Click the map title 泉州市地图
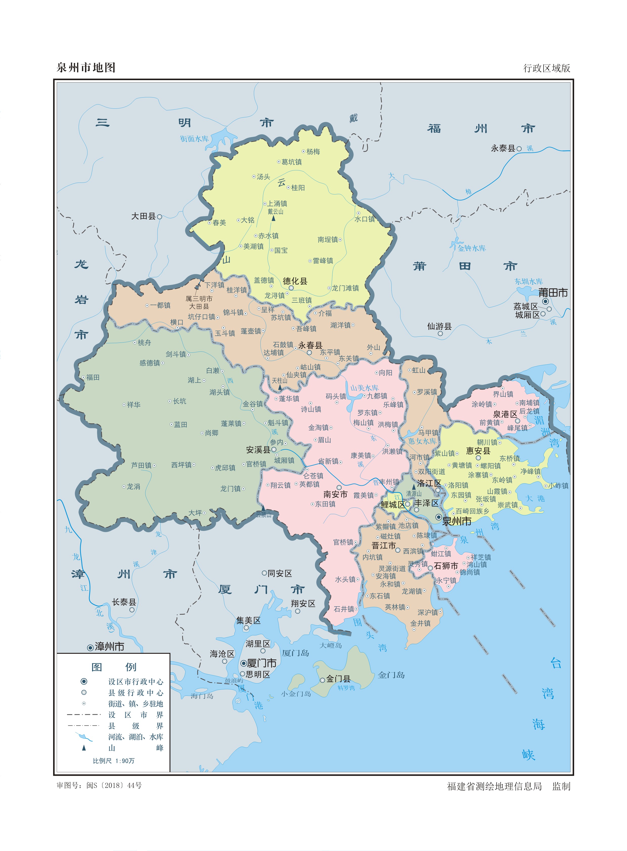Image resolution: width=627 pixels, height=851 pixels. pyautogui.click(x=86, y=68)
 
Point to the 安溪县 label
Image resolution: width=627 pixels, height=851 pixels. pyautogui.click(x=258, y=450)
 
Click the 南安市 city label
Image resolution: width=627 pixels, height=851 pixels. pyautogui.click(x=335, y=494)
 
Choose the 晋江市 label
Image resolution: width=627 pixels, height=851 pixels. pyautogui.click(x=383, y=545)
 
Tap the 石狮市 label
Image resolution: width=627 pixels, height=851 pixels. pyautogui.click(x=446, y=566)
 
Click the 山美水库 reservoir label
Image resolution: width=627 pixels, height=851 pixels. pyautogui.click(x=364, y=388)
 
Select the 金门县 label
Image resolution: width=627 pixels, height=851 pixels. pyautogui.click(x=338, y=679)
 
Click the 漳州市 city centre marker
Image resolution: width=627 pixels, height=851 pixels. pyautogui.click(x=90, y=647)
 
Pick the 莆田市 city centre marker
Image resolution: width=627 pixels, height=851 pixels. pyautogui.click(x=545, y=301)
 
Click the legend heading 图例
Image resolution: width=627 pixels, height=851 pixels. pyautogui.click(x=114, y=667)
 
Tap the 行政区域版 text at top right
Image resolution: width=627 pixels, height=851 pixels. pyautogui.click(x=547, y=68)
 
